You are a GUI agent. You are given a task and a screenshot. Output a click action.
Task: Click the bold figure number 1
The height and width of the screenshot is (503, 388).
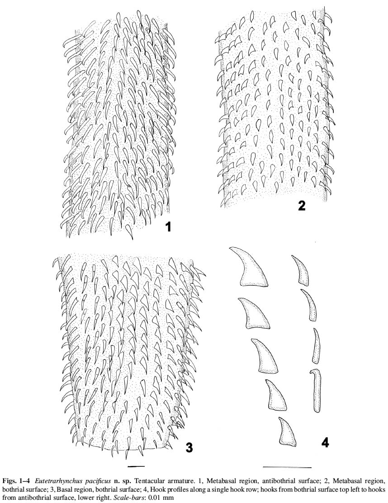click(167, 227)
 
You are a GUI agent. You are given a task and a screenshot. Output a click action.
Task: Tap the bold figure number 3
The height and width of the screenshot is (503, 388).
click(189, 447)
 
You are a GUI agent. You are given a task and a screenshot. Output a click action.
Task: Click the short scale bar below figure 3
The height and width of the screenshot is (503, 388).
click(136, 465)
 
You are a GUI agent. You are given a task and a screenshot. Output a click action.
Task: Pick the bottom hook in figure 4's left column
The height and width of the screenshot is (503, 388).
click(287, 431)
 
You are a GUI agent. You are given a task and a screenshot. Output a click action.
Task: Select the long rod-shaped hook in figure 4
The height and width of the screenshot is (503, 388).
click(316, 390)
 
